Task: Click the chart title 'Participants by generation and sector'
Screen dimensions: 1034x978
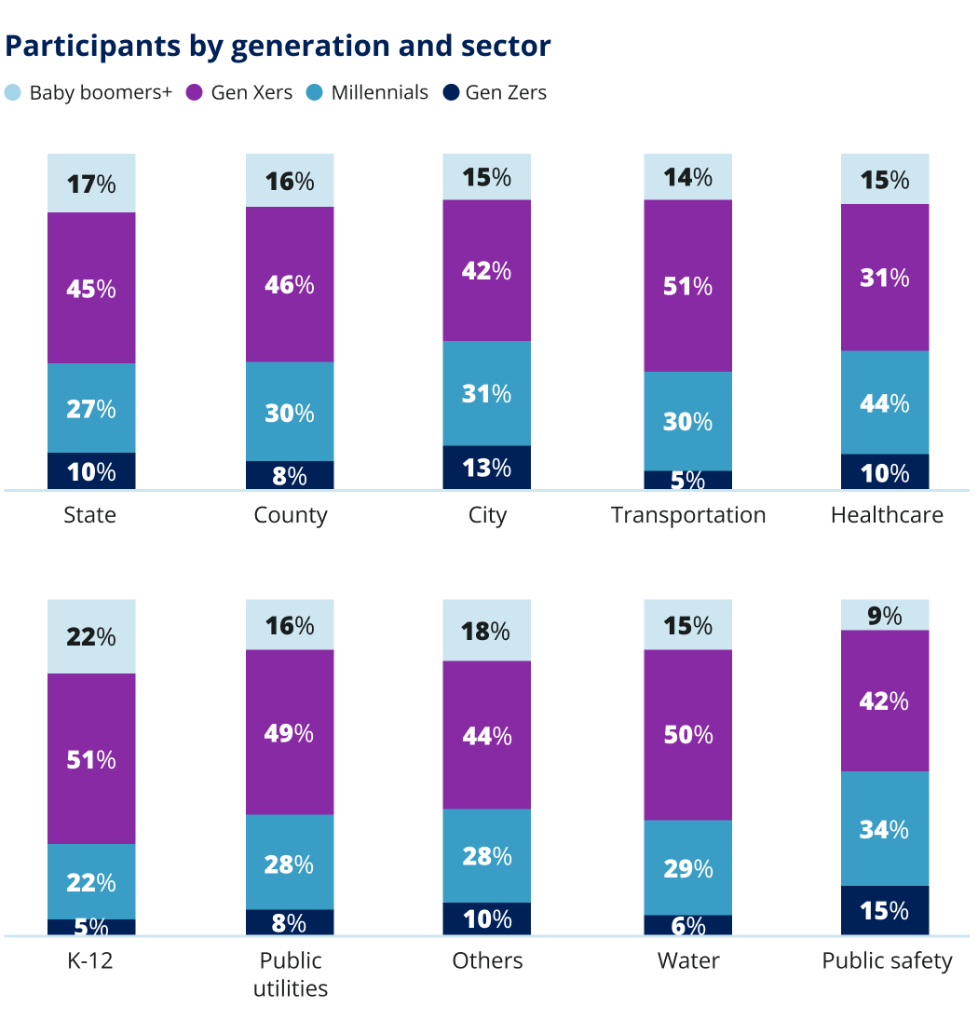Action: click(278, 46)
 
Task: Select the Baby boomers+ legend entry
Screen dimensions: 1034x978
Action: click(89, 92)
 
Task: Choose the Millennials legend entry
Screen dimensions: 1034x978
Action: click(368, 92)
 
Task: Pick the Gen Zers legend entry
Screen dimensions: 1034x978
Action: click(495, 92)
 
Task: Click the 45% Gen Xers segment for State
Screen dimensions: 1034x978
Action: click(91, 288)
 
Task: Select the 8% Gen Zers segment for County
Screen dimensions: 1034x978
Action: click(290, 475)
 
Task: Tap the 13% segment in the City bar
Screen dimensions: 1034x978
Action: click(487, 467)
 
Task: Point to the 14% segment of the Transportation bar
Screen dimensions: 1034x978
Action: click(688, 177)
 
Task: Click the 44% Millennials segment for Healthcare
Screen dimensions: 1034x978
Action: click(885, 402)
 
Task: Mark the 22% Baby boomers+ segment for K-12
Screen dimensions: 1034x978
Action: click(91, 636)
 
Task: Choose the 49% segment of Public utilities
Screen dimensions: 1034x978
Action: click(290, 732)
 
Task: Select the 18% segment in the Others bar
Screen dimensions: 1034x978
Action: click(487, 631)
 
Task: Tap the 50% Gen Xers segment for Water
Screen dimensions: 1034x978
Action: click(688, 735)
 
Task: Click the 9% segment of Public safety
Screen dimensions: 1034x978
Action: click(885, 616)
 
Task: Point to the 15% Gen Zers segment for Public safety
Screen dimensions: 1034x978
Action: click(885, 910)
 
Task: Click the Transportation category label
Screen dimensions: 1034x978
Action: click(688, 515)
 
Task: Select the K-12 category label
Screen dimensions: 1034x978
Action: click(90, 960)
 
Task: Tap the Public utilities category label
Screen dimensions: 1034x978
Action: click(290, 974)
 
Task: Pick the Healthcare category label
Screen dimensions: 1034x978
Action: click(887, 515)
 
